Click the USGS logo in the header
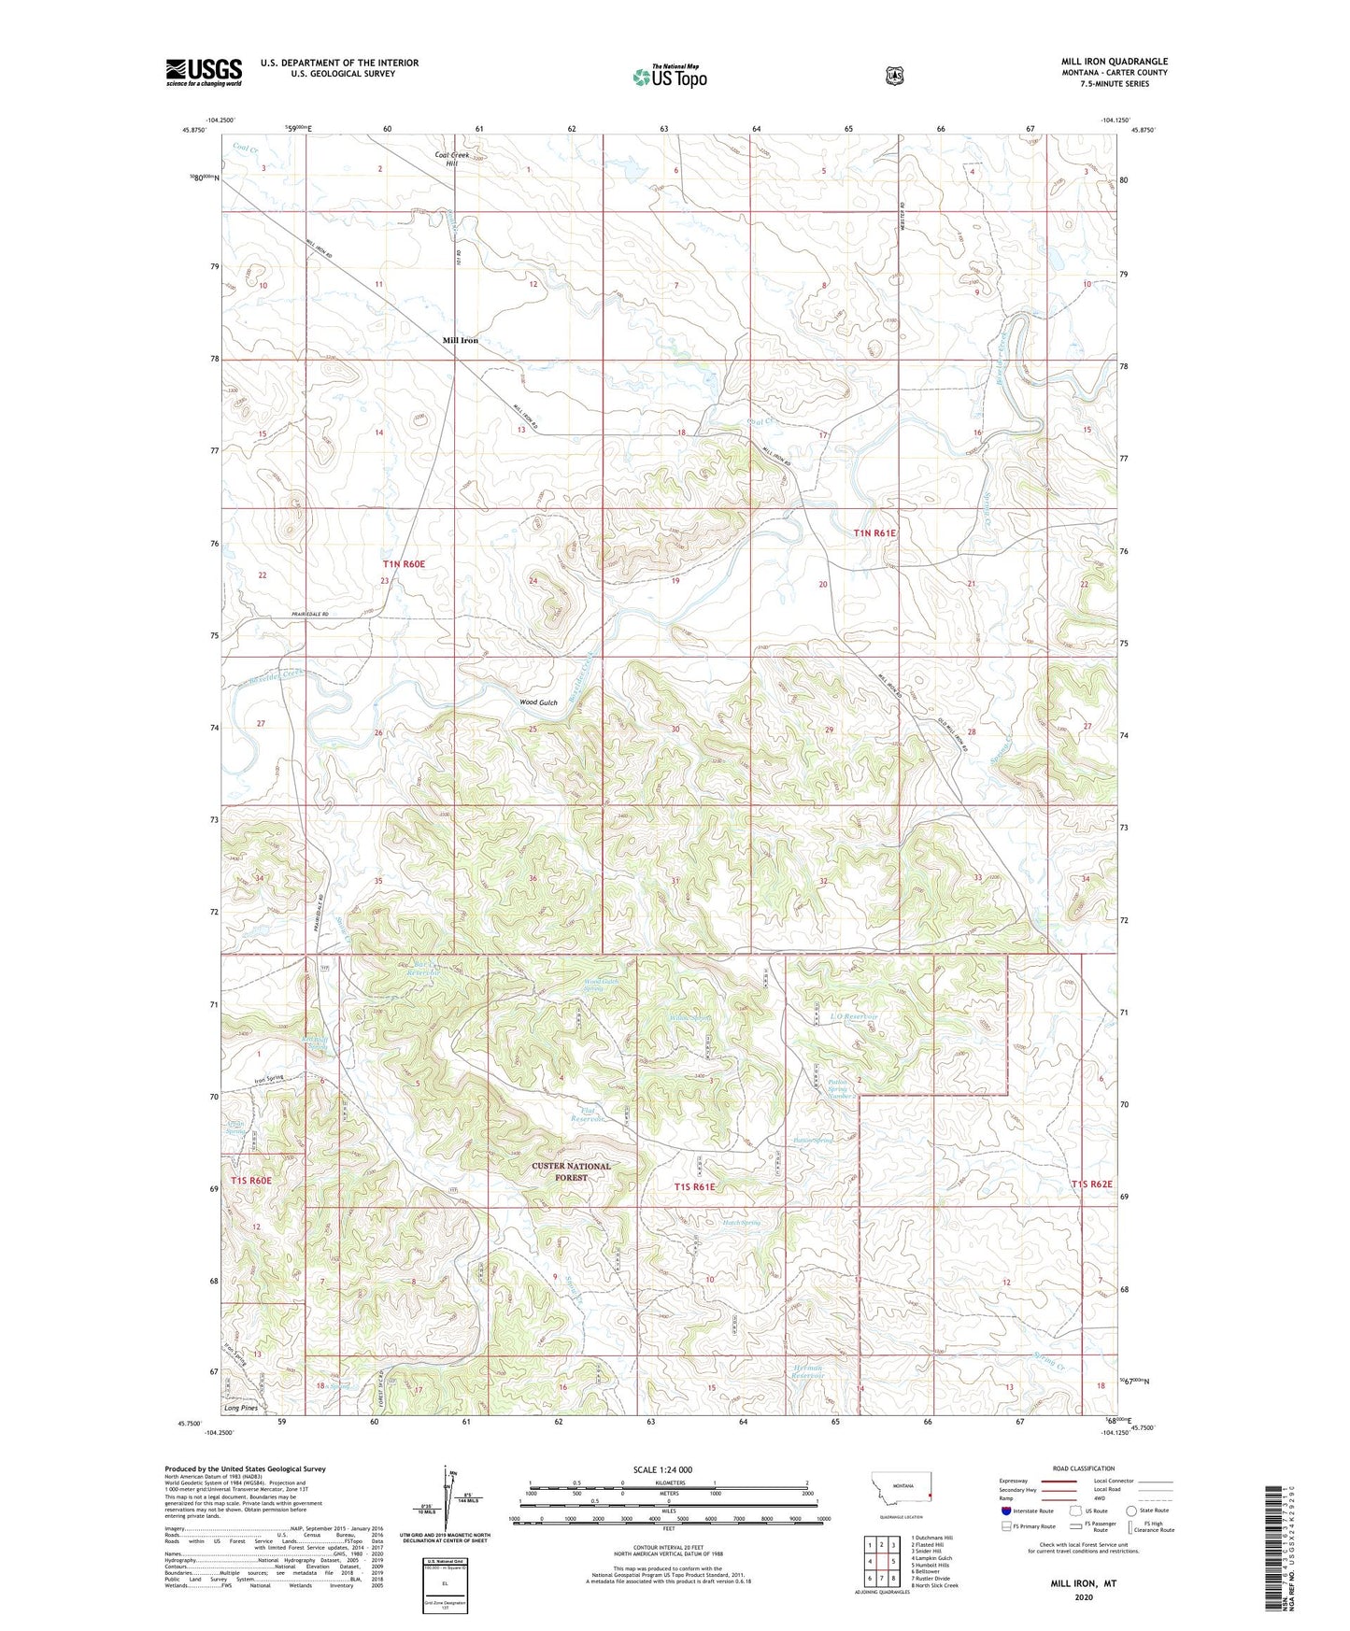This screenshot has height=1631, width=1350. (x=204, y=72)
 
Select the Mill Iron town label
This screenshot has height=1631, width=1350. (x=461, y=340)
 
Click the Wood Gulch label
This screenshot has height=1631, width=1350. (x=538, y=702)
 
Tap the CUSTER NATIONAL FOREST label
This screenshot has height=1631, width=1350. (x=571, y=1171)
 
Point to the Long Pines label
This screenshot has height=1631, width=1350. (x=241, y=1408)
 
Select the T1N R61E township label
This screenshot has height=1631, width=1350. (x=874, y=532)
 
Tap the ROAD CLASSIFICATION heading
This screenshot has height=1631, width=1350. (x=1083, y=1468)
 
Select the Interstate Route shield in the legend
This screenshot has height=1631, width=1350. (x=1005, y=1510)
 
